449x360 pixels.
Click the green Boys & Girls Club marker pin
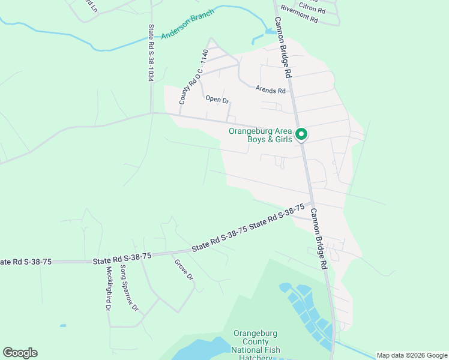click(303, 135)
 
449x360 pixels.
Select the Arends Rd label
click(270, 90)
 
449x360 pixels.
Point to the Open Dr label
click(217, 100)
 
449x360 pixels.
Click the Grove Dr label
click(184, 270)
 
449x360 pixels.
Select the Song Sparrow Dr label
click(129, 288)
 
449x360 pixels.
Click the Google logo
click(20, 353)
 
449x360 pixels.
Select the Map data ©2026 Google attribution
click(412, 355)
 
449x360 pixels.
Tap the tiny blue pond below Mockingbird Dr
click(63, 326)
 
